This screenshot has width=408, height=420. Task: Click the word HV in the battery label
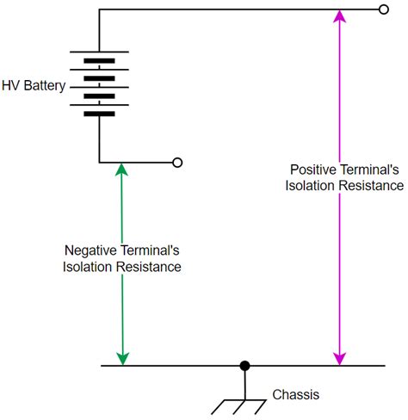coord(13,86)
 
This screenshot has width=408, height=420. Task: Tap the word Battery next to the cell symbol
coord(45,86)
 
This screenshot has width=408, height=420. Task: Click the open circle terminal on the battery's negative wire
coord(177,162)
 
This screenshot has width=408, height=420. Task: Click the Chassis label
coord(295,395)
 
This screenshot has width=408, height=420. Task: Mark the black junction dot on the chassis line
coord(244,366)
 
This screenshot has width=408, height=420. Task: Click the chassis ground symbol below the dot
coord(244,398)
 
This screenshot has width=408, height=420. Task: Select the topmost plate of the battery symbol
coord(99,51)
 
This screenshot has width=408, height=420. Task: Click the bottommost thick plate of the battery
coord(99,113)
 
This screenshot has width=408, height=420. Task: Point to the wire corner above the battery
coord(99,10)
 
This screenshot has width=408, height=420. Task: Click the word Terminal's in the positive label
coord(372,170)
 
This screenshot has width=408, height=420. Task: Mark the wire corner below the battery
coord(99,162)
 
